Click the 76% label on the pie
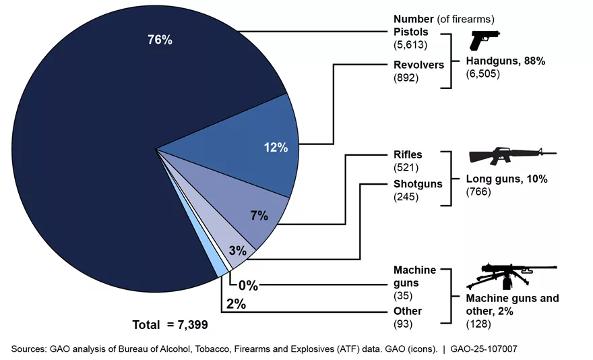[160, 40]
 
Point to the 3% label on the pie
[238, 251]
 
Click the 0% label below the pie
[247, 285]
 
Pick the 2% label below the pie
[235, 304]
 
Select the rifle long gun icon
[512, 156]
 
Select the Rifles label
[408, 154]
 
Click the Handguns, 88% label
[505, 61]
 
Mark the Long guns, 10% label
[507, 180]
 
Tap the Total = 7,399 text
[170, 325]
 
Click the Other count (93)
[404, 324]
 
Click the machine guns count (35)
[404, 296]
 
